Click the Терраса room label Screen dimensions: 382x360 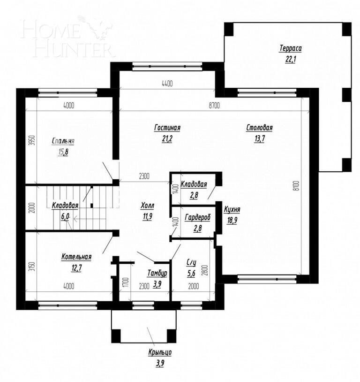[x=290, y=48]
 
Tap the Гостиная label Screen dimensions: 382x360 [x=167, y=128]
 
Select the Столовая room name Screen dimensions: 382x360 [x=260, y=128]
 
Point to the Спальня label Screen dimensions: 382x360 [x=63, y=141]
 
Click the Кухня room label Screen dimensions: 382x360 [x=232, y=210]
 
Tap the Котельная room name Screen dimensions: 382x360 [x=76, y=257]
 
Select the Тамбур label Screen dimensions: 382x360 [x=157, y=273]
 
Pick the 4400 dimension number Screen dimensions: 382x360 [x=167, y=84]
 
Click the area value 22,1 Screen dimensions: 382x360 [x=290, y=58]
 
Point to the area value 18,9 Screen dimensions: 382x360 [x=232, y=220]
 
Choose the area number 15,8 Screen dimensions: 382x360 [x=63, y=151]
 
